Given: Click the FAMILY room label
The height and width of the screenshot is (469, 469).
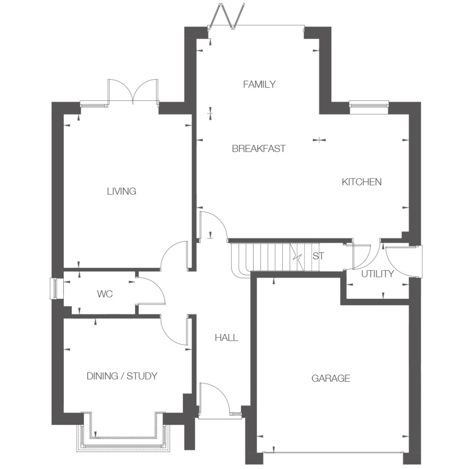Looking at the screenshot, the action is point(259,84).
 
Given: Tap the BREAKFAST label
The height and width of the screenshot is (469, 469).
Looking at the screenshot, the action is point(259,149).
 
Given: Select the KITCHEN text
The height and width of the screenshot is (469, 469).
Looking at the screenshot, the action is point(362,182).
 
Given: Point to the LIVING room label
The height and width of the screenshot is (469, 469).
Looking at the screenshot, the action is point(122,191).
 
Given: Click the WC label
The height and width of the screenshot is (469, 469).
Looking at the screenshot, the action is point(105,294).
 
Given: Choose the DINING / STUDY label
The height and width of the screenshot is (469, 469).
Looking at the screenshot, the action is point(122,376).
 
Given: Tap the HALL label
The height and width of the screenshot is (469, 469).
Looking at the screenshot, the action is point(226,338).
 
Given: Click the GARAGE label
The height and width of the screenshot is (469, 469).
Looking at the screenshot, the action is point(331,378).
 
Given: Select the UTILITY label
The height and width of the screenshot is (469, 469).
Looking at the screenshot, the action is point(377,274).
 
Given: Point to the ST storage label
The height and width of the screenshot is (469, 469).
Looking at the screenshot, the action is point(318,256).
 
